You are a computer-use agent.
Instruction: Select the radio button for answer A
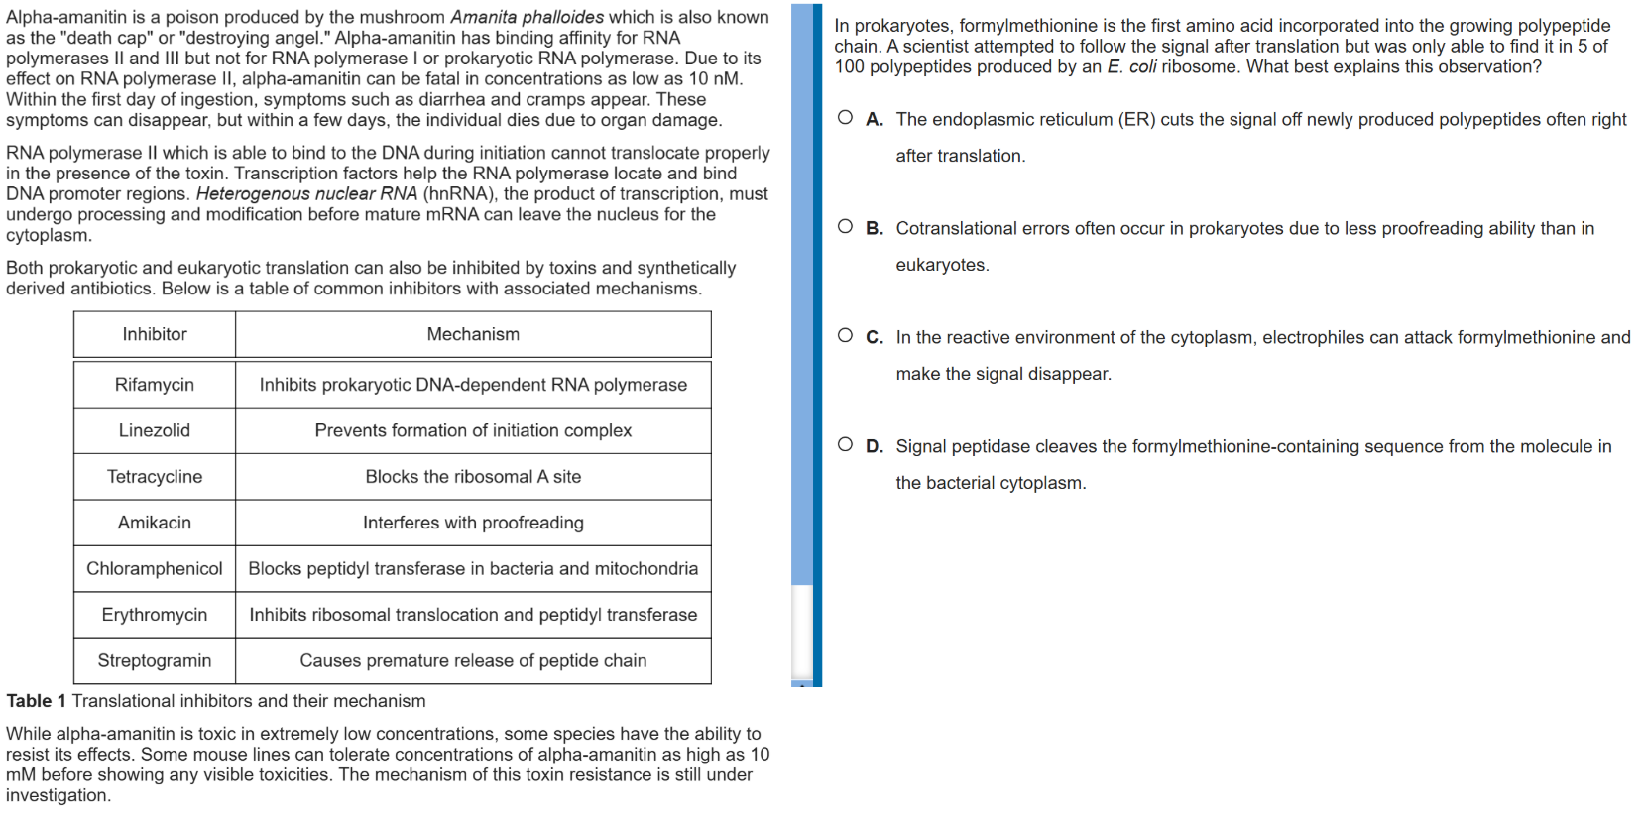(x=845, y=118)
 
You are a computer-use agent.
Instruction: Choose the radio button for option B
(x=845, y=227)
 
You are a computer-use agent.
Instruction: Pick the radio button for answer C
(x=845, y=336)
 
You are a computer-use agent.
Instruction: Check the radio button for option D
(x=845, y=445)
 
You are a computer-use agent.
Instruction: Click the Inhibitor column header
(x=155, y=334)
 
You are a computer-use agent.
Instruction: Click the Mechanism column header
(x=473, y=334)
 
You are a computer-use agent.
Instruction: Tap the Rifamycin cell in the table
(x=155, y=385)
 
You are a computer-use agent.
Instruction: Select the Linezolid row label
(x=155, y=430)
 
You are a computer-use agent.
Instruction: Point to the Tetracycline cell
(x=155, y=477)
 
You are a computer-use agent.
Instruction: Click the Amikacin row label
(x=155, y=523)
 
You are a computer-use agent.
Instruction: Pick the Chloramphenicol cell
(x=155, y=568)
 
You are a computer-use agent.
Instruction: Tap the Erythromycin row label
(x=155, y=615)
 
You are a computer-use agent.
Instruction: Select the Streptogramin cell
(x=155, y=660)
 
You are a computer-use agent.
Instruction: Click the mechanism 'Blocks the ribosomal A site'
(x=473, y=477)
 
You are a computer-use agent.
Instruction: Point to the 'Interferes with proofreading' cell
(x=473, y=523)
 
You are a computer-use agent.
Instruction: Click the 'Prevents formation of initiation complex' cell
(x=473, y=430)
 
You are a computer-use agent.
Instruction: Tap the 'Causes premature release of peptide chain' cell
(x=473, y=660)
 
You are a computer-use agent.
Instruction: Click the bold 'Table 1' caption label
(x=36, y=701)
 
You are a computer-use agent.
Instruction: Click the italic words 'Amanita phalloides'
(x=527, y=17)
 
